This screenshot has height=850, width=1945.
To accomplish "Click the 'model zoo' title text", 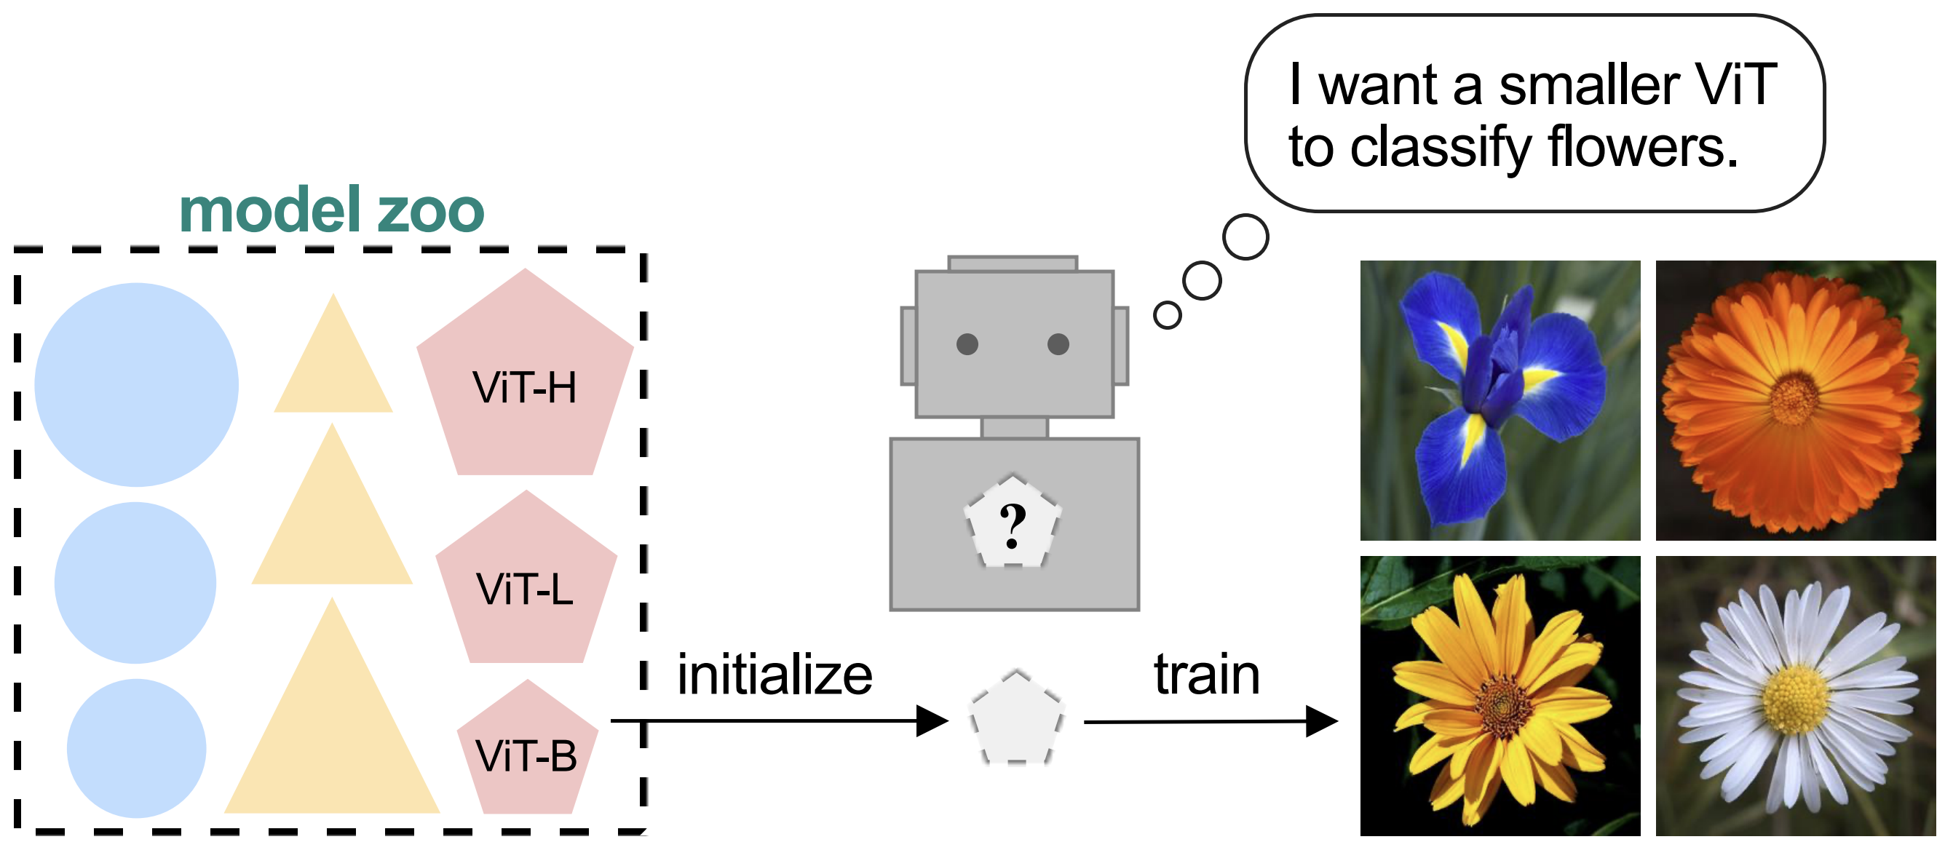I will click(x=331, y=210).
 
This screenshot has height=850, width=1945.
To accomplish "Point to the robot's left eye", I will click(x=967, y=344).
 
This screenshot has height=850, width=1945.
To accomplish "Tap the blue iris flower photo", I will click(x=1500, y=400).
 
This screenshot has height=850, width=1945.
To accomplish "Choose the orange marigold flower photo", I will click(x=1796, y=400).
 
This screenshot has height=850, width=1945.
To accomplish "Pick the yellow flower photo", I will click(x=1500, y=695).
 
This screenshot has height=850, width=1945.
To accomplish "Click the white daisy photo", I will click(x=1796, y=695).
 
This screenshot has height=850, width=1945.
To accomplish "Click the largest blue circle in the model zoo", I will click(x=137, y=384).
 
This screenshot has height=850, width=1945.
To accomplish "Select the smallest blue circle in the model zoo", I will click(x=137, y=747).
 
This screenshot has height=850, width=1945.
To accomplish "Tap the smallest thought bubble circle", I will click(x=1168, y=315).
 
